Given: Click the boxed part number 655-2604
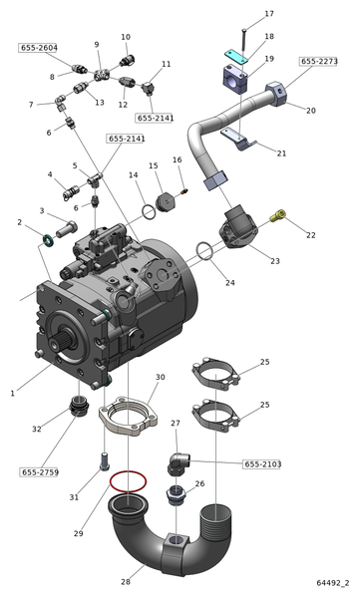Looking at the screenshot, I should [38, 48].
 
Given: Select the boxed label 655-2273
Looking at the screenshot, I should [319, 61].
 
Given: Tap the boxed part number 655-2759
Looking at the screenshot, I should [39, 470].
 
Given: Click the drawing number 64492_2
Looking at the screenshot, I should [334, 582].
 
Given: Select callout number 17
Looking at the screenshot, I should [268, 14].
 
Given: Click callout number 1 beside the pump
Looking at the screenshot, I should [12, 394].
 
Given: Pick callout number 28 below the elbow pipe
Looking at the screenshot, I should [126, 581].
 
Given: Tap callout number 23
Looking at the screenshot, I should [274, 261].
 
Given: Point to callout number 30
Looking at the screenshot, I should [160, 377].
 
